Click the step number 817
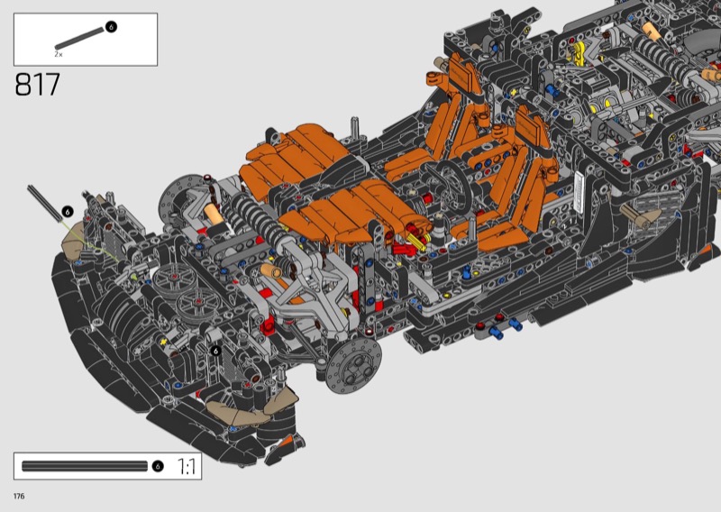click(37, 84)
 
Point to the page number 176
click(19, 496)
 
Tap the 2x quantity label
click(59, 54)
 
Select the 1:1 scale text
click(187, 466)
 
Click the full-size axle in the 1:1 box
click(85, 466)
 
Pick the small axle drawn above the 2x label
click(79, 38)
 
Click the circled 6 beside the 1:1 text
click(157, 466)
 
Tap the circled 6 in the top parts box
click(111, 27)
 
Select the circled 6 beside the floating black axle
click(68, 212)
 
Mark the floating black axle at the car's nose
click(44, 204)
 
